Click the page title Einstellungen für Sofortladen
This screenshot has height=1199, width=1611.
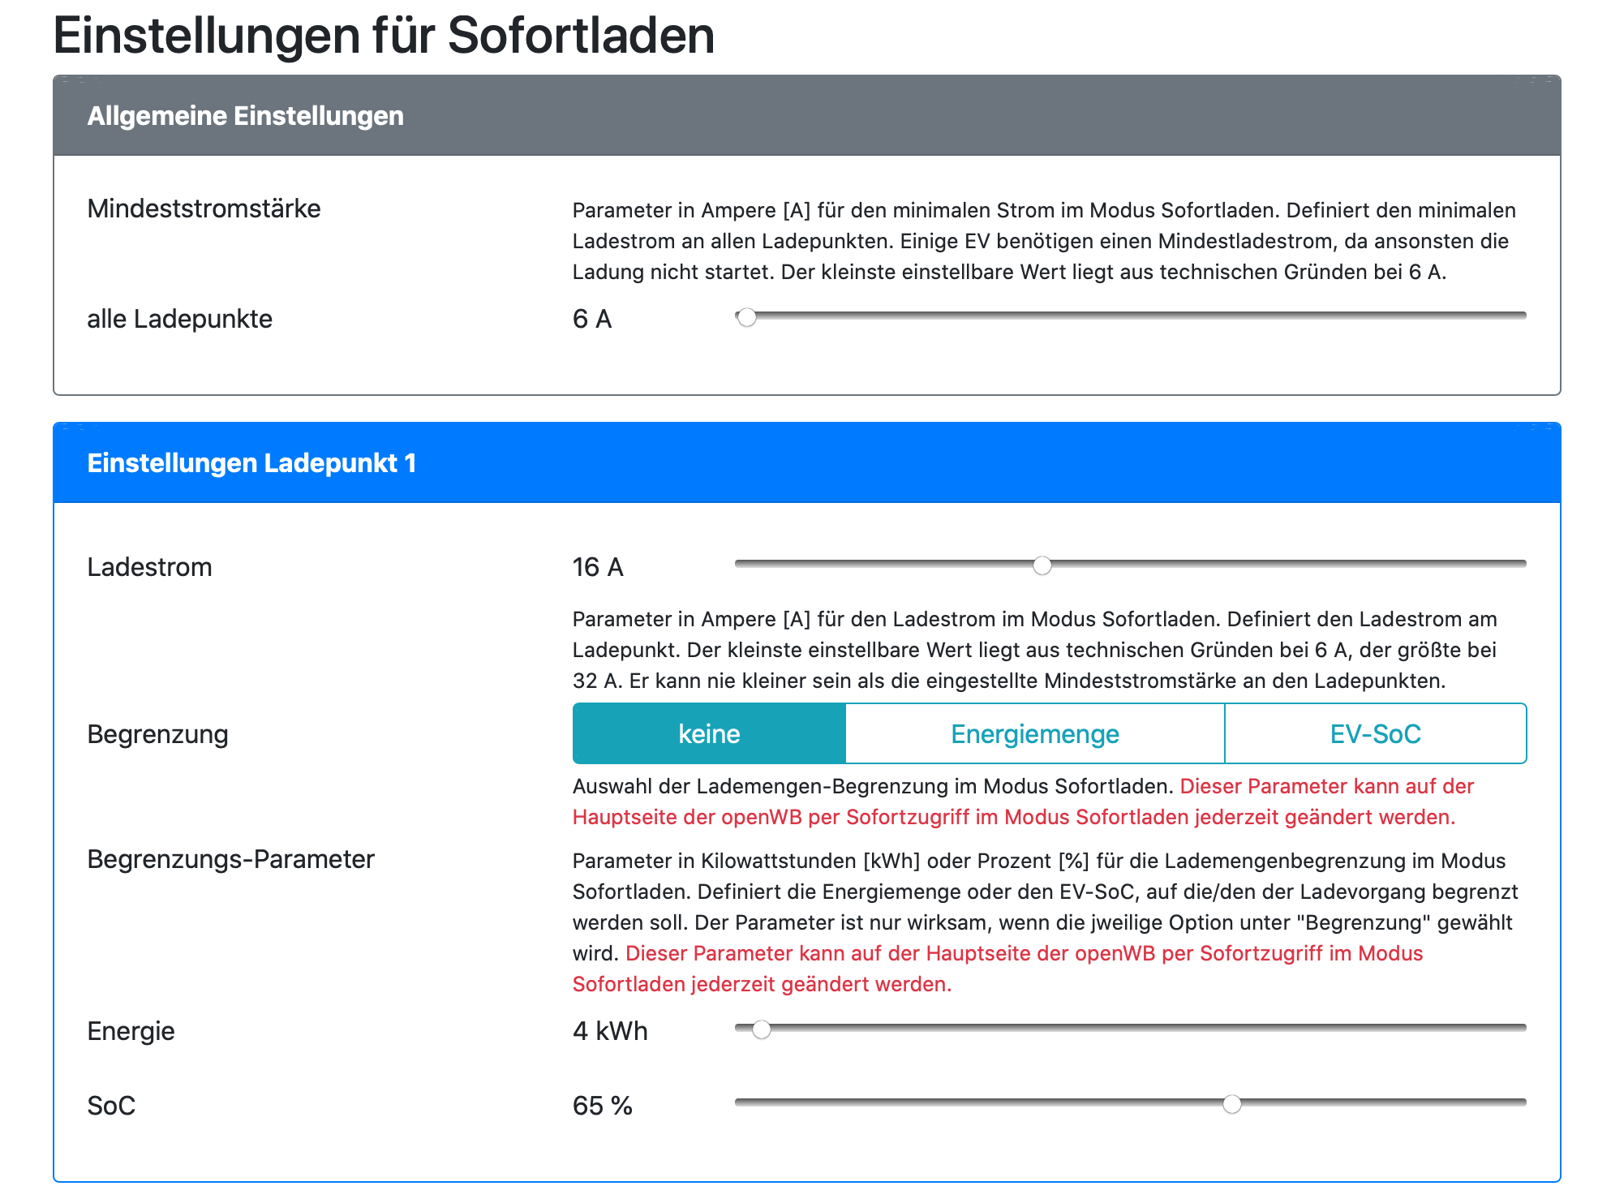(x=384, y=36)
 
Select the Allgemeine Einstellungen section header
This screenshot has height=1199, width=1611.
(x=245, y=116)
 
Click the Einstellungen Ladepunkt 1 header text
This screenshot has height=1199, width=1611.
(x=251, y=463)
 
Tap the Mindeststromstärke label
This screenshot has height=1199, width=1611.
(x=204, y=208)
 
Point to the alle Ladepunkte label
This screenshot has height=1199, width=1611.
(x=179, y=319)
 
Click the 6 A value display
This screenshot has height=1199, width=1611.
(x=591, y=319)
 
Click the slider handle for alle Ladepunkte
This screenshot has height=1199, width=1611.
(x=747, y=317)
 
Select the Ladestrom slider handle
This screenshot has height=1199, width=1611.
(x=1042, y=565)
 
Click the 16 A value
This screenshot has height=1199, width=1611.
(x=597, y=567)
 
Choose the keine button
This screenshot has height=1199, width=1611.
(x=709, y=734)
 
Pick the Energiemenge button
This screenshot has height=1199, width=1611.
(x=1034, y=734)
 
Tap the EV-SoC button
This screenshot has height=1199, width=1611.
(x=1375, y=734)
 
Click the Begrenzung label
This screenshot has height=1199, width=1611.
(x=157, y=734)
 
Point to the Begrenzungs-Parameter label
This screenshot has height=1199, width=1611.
(x=230, y=859)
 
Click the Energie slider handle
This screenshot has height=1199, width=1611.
(x=762, y=1029)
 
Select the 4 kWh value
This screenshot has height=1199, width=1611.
(x=610, y=1031)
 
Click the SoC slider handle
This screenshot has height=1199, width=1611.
(x=1232, y=1104)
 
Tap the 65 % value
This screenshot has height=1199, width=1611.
(x=602, y=1106)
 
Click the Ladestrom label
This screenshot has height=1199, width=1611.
(x=149, y=567)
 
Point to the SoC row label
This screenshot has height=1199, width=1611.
(x=111, y=1106)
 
